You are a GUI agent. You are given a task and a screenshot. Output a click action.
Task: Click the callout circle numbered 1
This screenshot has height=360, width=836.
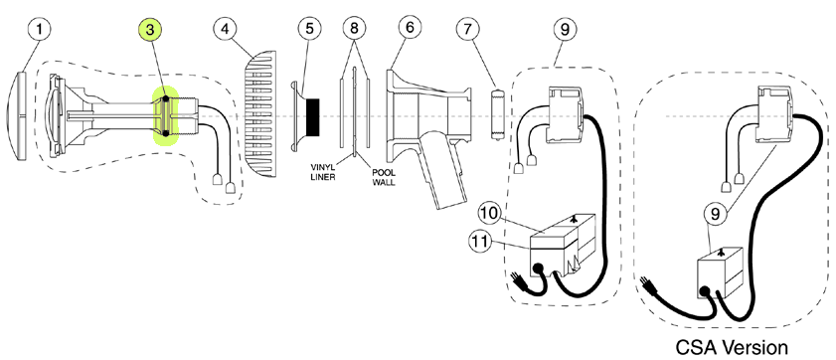[x=39, y=28]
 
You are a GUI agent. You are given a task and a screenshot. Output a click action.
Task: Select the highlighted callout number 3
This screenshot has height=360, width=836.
[x=150, y=29]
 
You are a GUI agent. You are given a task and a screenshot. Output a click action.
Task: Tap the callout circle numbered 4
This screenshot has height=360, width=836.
[x=226, y=29]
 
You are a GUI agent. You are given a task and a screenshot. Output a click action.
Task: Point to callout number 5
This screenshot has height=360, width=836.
[x=310, y=29]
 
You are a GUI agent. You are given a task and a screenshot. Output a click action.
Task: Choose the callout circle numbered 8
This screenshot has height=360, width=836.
[x=355, y=29]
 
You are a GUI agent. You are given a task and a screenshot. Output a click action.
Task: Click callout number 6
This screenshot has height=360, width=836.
[x=410, y=28]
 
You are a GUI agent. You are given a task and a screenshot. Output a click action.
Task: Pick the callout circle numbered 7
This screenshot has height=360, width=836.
[x=468, y=29]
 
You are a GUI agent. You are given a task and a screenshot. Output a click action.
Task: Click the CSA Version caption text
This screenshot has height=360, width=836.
[x=732, y=347]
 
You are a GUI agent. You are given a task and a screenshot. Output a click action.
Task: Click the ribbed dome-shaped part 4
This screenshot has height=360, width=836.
[x=260, y=114]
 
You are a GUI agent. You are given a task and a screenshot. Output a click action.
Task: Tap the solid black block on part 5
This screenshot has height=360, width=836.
[x=312, y=115]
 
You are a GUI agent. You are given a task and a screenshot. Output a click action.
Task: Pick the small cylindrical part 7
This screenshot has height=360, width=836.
[x=497, y=114]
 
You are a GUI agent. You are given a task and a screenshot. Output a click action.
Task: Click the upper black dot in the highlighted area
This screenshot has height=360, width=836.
[x=166, y=98]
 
